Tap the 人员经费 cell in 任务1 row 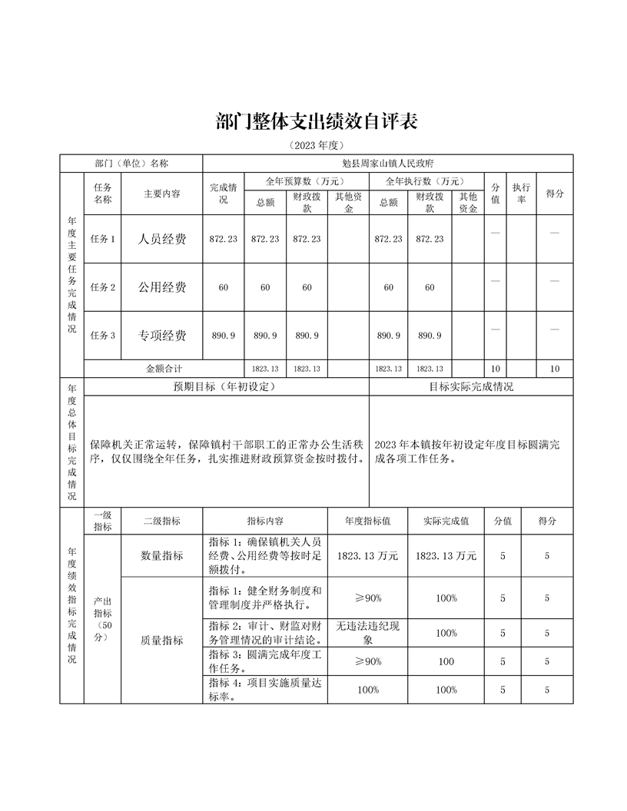coord(161,239)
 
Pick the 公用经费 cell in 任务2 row coord(161,287)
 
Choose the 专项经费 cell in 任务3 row coord(161,336)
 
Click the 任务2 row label coord(102,287)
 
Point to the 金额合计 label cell coord(164,369)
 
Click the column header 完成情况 coord(223,194)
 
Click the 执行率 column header coord(521,194)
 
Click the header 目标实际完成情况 coord(470,387)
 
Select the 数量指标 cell coord(161,556)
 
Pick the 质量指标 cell coord(161,641)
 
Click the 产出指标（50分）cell coord(102,619)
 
